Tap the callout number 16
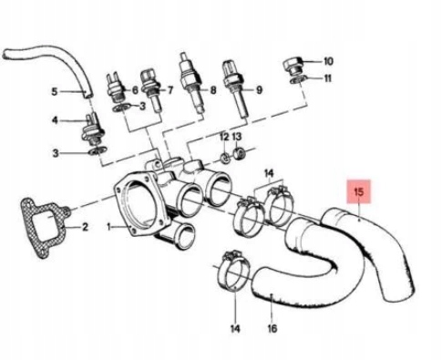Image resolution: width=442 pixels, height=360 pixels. click(272, 330)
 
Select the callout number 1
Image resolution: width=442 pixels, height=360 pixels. click(109, 225)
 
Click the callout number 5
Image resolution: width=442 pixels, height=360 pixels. click(53, 92)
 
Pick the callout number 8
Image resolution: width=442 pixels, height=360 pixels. click(212, 90)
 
